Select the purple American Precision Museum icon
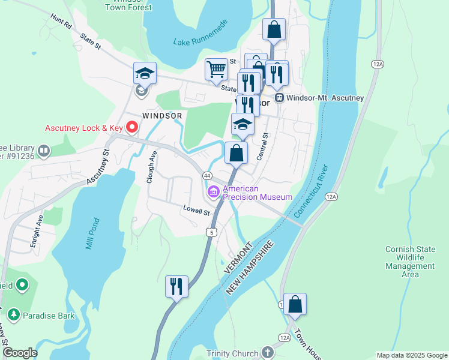(x=213, y=192)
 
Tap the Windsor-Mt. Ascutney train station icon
(x=279, y=98)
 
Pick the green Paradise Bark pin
(x=13, y=314)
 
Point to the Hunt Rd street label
(x=62, y=22)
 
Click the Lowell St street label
(x=196, y=211)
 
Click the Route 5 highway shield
(x=209, y=232)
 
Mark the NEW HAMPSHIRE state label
(x=250, y=268)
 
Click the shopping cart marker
(x=216, y=68)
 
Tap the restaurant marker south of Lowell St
(x=176, y=286)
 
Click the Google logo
(x=19, y=353)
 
